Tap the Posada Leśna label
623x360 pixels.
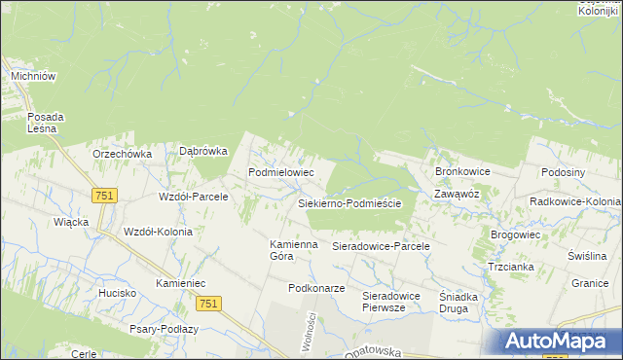[45, 122]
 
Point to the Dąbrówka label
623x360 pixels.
[203, 151]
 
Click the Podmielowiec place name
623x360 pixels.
[281, 171]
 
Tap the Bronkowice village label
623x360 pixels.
[462, 171]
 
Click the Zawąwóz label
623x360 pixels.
[457, 194]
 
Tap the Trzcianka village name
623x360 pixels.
[510, 265]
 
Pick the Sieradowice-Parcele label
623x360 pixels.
[382, 247]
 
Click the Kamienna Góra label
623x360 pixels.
[294, 250]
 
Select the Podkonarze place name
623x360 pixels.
[316, 289]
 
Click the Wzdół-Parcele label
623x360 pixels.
[193, 197]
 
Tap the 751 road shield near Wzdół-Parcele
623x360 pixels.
[104, 196]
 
